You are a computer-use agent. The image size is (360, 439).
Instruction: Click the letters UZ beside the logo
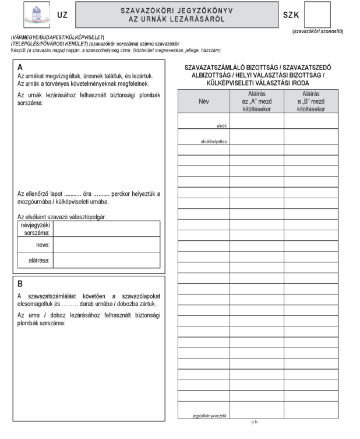pyautogui.click(x=62, y=15)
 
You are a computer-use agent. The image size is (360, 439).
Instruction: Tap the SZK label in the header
pyautogui.click(x=291, y=15)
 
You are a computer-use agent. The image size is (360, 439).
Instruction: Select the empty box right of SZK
pyautogui.click(x=317, y=15)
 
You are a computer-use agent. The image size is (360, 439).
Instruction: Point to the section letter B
pyautogui.click(x=20, y=284)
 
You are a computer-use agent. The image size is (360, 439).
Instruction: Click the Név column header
pyautogui.click(x=204, y=100)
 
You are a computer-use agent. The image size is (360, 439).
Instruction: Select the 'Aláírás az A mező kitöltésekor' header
pyautogui.click(x=256, y=100)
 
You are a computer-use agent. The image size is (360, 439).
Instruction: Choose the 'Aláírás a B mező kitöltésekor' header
pyautogui.click(x=310, y=100)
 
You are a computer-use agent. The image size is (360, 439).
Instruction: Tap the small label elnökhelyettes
pyautogui.click(x=213, y=141)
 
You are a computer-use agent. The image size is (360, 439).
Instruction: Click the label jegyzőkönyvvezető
pyautogui.click(x=209, y=416)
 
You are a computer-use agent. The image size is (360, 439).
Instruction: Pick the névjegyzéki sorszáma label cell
pyautogui.click(x=35, y=229)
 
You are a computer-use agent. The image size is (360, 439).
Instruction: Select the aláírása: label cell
pyautogui.click(x=37, y=260)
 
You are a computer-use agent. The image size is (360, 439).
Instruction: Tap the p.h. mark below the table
pyautogui.click(x=255, y=422)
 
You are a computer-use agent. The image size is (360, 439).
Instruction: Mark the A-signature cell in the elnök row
pyautogui.click(x=256, y=121)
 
